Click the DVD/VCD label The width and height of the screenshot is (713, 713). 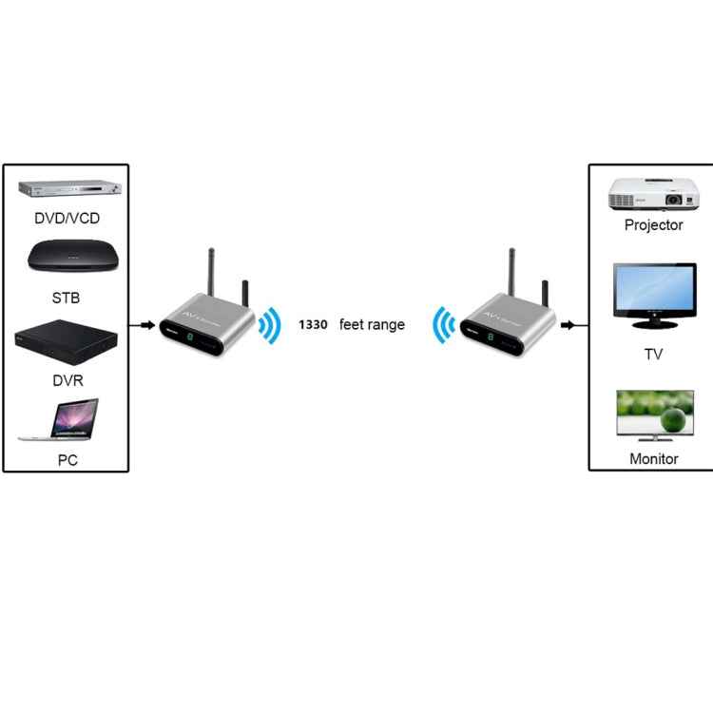[x=67, y=218]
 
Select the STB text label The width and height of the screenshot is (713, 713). [x=66, y=298]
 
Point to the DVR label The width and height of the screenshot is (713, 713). [x=67, y=380]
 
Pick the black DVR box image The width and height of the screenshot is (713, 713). [x=67, y=341]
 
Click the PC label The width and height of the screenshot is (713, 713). [x=67, y=461]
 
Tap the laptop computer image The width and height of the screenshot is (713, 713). [x=61, y=419]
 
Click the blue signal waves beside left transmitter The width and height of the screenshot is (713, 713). [x=271, y=325]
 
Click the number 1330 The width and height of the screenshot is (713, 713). [x=313, y=325]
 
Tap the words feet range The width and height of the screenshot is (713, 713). [x=372, y=325]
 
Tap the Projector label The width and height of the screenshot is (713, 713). [x=653, y=225]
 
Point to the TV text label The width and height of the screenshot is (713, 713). [x=653, y=355]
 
